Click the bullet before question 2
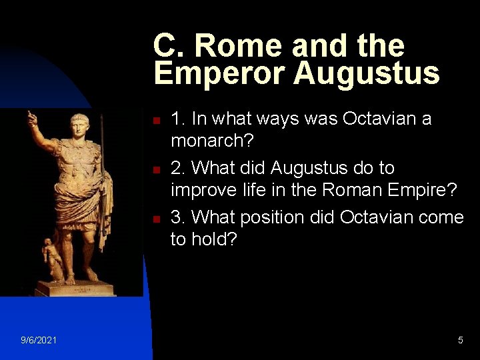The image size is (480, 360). [x=155, y=170]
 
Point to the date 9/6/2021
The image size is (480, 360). [x=39, y=341]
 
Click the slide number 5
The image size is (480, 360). [x=461, y=341]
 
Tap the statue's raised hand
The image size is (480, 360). [x=31, y=119]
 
